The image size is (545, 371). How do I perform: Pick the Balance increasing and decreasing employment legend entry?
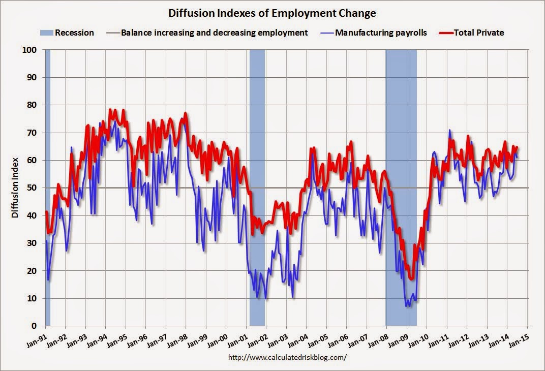[x=214, y=33]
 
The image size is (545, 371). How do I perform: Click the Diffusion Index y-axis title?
[x=15, y=188]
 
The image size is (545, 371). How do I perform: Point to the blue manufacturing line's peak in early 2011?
[x=449, y=130]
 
